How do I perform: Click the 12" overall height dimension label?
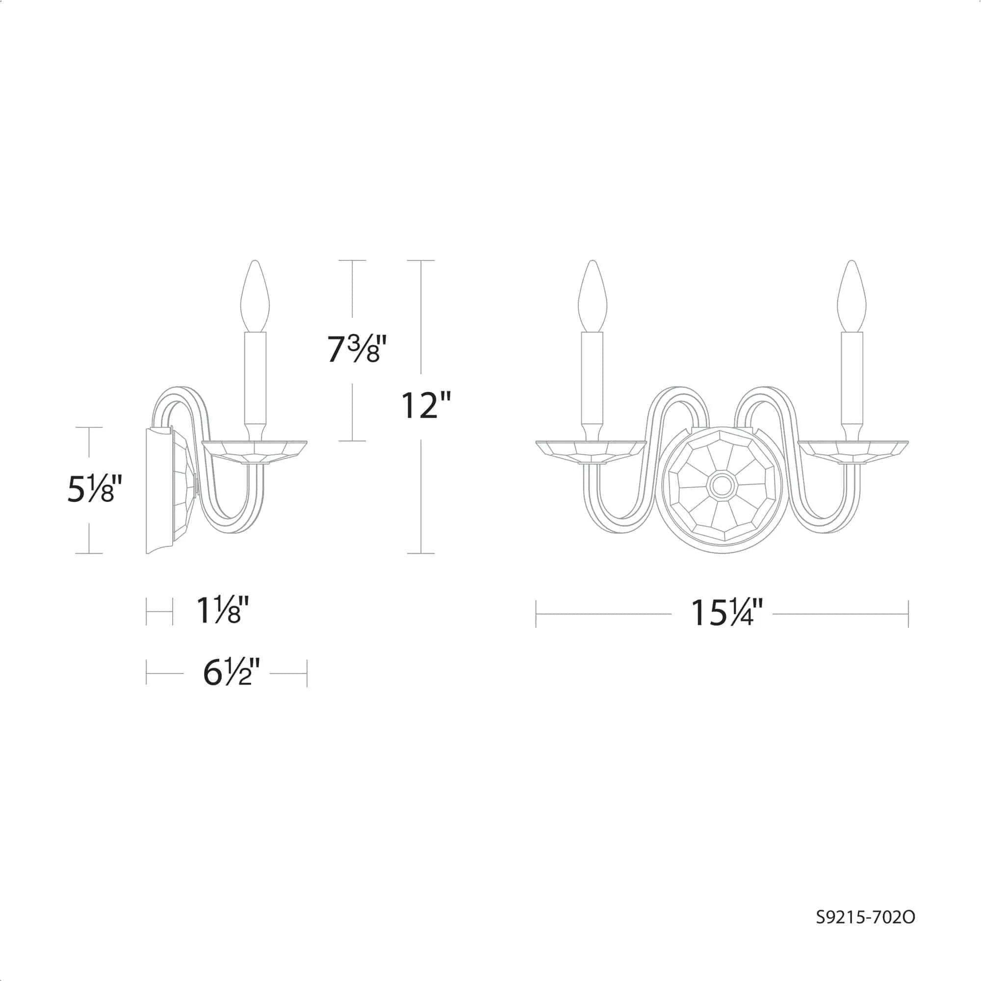[x=425, y=405]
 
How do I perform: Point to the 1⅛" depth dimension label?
[x=222, y=611]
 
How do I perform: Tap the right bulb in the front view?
[x=852, y=296]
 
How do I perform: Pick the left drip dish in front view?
[x=591, y=450]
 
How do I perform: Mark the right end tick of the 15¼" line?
[x=908, y=614]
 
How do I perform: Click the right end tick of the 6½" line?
[x=307, y=673]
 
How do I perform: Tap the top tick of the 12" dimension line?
[x=421, y=260]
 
